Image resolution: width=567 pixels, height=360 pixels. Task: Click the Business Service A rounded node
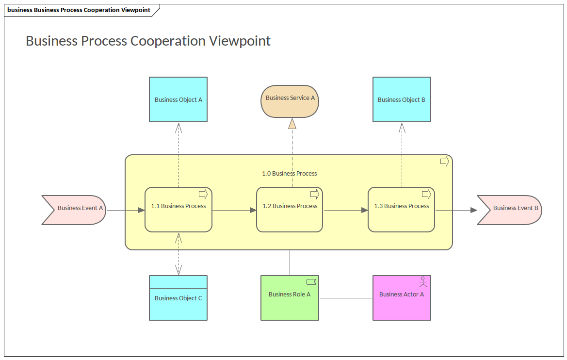tap(290, 101)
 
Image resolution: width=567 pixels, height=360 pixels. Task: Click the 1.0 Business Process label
tap(289, 173)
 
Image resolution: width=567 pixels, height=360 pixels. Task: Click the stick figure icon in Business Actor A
tap(423, 281)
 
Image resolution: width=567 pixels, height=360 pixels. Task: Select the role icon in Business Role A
tap(311, 281)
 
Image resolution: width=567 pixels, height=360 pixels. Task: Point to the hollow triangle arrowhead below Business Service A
tap(292, 124)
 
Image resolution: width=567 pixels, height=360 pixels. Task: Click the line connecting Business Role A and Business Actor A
tap(346, 298)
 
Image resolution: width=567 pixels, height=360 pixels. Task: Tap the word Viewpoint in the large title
tap(240, 41)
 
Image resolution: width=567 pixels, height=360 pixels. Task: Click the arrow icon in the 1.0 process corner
tap(444, 162)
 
